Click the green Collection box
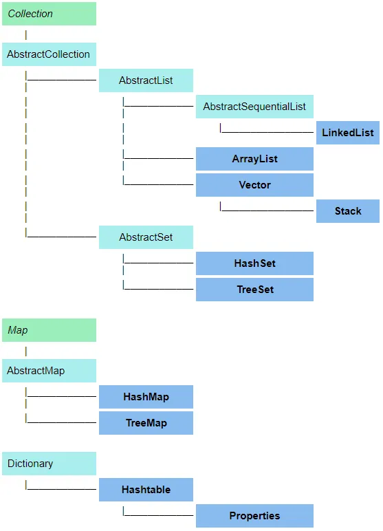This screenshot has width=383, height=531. click(x=49, y=14)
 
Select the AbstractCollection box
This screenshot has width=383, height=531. click(x=49, y=54)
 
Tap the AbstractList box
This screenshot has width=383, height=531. click(x=146, y=80)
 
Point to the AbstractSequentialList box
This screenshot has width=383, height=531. click(x=254, y=107)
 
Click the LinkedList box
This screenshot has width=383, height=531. click(x=348, y=133)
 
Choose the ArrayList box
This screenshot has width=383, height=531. click(x=254, y=159)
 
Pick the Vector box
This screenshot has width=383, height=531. click(x=254, y=185)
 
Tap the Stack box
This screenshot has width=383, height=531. click(x=348, y=211)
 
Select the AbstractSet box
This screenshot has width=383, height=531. click(x=146, y=237)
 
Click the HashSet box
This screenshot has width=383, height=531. click(x=254, y=263)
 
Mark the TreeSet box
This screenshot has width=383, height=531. click(x=254, y=290)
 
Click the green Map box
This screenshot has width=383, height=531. click(x=49, y=330)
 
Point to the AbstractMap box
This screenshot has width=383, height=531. click(x=49, y=371)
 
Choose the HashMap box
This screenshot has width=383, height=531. click(x=146, y=397)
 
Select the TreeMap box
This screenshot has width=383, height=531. click(x=146, y=423)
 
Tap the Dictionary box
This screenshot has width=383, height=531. click(x=49, y=464)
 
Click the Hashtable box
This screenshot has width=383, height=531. click(x=146, y=490)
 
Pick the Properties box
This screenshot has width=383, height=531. click(x=254, y=516)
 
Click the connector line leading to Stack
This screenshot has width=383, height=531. click(x=267, y=210)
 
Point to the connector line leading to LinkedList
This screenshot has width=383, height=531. click(x=267, y=132)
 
